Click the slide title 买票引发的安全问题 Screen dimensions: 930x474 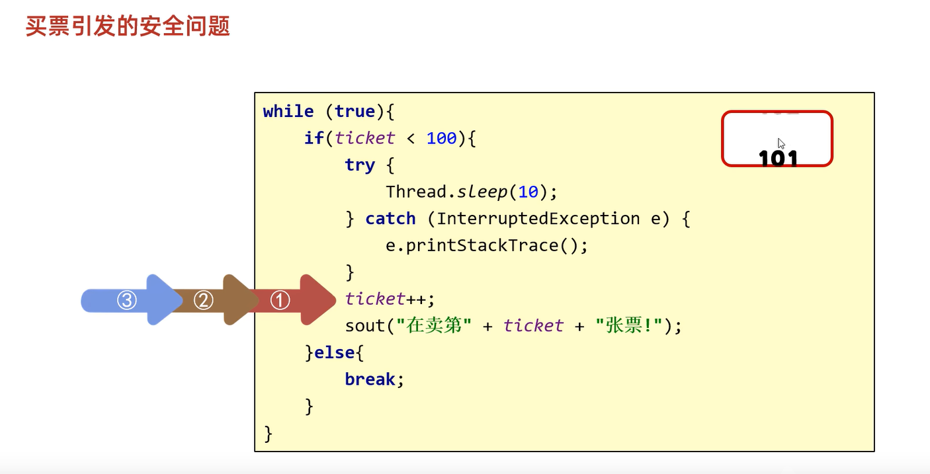[x=128, y=26]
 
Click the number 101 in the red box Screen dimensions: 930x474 [x=779, y=159]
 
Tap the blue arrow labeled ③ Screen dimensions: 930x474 [x=127, y=300]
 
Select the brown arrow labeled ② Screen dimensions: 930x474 [x=203, y=300]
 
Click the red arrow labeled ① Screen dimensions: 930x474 [x=280, y=300]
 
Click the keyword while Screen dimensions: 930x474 [x=288, y=112]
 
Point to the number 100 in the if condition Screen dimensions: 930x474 [x=441, y=138]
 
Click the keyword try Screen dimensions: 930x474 [x=359, y=165]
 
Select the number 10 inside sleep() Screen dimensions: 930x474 [x=528, y=192]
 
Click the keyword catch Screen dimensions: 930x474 [x=390, y=219]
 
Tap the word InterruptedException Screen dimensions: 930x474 [x=538, y=219]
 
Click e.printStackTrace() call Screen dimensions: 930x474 [x=487, y=246]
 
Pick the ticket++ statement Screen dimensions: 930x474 [x=390, y=299]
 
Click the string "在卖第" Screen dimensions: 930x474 [x=435, y=326]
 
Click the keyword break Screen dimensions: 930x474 [x=370, y=379]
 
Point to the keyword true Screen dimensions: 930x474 [x=355, y=112]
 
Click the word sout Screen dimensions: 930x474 [x=364, y=326]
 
